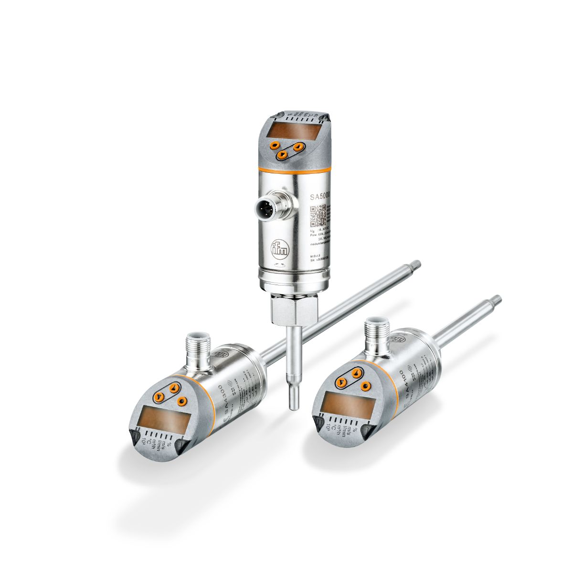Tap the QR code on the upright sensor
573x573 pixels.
click(318, 215)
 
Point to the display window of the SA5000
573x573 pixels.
click(288, 130)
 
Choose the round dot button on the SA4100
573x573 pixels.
click(366, 386)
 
